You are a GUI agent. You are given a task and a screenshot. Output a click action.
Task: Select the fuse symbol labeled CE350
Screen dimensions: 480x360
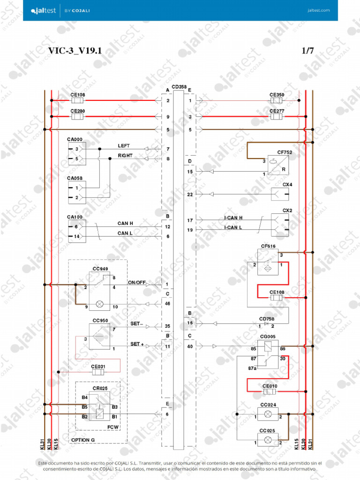tap(276, 100)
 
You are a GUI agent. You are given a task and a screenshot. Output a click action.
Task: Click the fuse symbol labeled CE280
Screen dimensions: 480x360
tap(77, 116)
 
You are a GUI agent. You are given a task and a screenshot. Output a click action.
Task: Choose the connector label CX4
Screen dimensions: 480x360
tap(287, 185)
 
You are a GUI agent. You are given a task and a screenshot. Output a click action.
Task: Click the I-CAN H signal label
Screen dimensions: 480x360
tap(233, 218)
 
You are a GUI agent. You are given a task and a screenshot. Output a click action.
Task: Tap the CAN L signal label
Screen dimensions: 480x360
tap(125, 233)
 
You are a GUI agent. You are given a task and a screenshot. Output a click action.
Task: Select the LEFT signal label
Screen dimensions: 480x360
tap(124, 146)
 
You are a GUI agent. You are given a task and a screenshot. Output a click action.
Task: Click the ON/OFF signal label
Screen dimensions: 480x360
tap(137, 283)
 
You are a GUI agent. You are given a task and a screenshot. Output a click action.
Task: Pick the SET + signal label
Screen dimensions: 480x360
tap(137, 344)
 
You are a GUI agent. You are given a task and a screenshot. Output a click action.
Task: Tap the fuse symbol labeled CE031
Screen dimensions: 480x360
tap(98, 372)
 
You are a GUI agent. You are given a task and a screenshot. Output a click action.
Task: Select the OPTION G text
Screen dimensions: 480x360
tap(82, 440)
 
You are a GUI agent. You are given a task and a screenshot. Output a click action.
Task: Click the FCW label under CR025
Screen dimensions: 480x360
tap(112, 427)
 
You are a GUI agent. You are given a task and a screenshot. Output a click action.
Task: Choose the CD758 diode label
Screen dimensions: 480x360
tap(267, 318)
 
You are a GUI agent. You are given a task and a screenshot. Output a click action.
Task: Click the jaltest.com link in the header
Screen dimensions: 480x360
tap(319, 10)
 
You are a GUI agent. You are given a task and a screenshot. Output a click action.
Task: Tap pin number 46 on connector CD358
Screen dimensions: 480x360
tap(167, 304)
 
